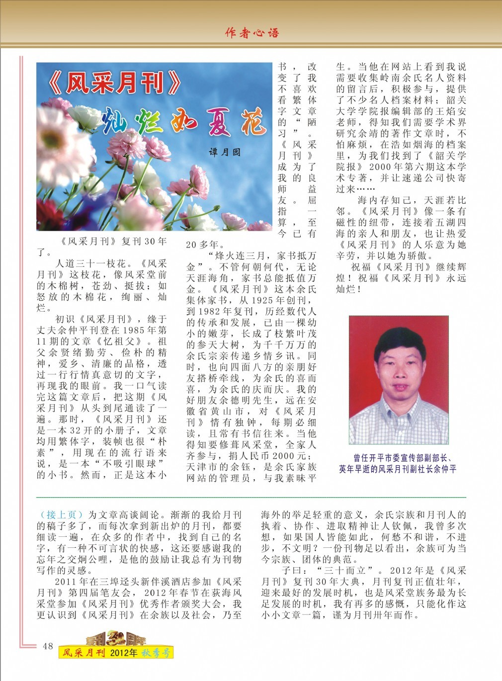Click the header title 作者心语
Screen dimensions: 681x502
(252, 33)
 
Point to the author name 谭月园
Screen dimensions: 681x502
(224, 152)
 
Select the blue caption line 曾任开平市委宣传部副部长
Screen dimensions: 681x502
(402, 458)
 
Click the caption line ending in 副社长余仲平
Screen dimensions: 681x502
(398, 469)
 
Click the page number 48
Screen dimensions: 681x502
(48, 646)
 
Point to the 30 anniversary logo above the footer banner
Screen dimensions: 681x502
(116, 638)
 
